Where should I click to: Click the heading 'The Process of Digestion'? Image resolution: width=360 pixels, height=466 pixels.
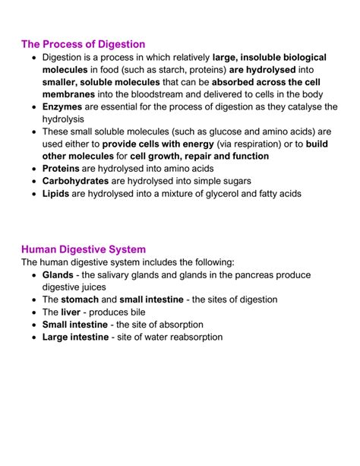point(84,44)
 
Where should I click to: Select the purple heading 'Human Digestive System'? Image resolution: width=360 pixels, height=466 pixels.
point(84,249)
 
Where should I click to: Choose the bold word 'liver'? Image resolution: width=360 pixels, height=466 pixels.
point(70,312)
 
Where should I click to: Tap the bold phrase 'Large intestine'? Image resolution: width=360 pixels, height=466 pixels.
point(75,337)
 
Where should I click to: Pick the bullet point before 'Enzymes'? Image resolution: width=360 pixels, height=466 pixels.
point(33,108)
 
